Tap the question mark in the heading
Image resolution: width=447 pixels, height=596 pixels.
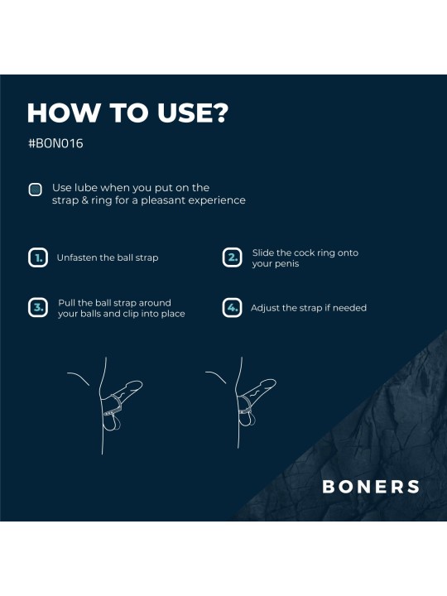(218, 113)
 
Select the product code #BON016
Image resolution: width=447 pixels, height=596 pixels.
(55, 143)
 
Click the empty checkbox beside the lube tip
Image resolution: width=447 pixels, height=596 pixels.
(36, 190)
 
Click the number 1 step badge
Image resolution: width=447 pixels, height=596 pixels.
(37, 257)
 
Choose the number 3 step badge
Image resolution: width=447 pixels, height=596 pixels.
(37, 308)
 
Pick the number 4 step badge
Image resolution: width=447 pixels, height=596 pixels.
(233, 308)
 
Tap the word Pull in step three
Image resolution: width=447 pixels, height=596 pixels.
(67, 303)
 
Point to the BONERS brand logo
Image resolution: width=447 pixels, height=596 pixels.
(370, 487)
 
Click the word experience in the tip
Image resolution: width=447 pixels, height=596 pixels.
(217, 200)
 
